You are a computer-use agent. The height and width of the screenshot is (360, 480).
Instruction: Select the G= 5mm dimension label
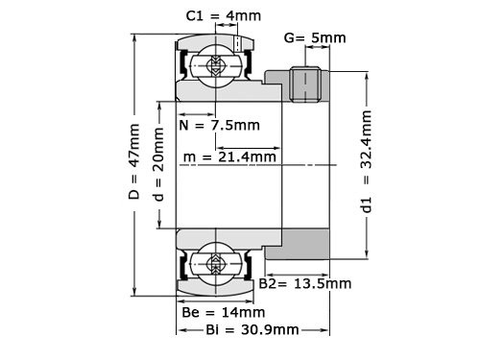coord(315,37)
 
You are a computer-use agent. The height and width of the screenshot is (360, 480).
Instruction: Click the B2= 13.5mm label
coord(305,284)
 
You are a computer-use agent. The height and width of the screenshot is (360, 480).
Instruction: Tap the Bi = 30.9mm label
coord(240,329)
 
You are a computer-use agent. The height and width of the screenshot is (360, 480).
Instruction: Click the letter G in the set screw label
coord(289,37)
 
